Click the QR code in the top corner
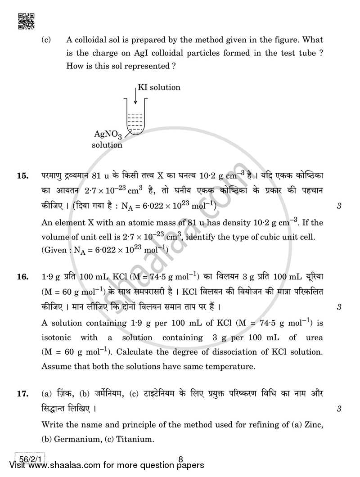(26, 21)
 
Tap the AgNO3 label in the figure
(108, 135)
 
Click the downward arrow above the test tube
(135, 96)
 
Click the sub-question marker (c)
(46, 40)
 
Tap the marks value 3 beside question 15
(338, 207)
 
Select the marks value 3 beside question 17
(338, 409)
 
